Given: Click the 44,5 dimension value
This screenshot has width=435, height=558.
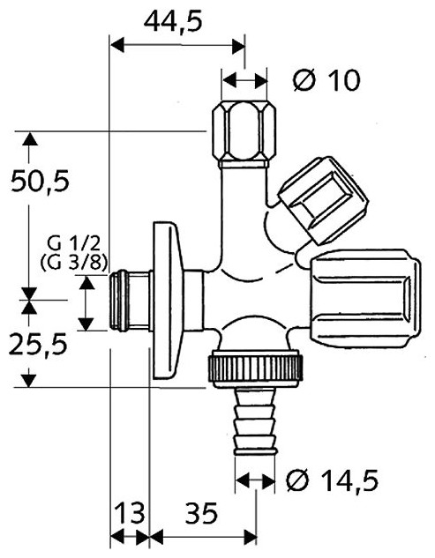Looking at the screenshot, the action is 173,21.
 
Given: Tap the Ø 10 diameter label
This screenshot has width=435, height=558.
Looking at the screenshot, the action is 326,80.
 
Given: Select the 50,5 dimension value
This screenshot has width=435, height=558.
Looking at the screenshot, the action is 40,181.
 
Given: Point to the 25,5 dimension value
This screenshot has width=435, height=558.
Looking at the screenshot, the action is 38,345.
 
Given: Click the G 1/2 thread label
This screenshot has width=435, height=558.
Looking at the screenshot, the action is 74,245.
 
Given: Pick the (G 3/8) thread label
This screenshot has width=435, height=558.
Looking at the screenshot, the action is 74,264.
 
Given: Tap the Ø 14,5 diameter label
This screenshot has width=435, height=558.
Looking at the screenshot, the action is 332,480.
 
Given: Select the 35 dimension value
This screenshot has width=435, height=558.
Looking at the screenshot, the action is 201,514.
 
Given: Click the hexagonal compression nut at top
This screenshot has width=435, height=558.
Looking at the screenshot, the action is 244,135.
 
